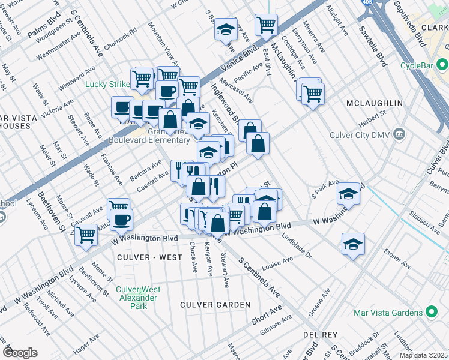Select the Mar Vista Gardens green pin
point(430,312)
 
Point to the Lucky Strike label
point(107,84)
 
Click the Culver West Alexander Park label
point(137,298)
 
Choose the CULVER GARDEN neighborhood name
point(215,305)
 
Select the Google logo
point(20,353)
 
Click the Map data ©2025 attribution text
point(423,355)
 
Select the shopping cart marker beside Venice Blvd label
point(266,25)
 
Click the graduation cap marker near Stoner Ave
point(353,244)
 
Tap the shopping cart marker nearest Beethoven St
point(86,234)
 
